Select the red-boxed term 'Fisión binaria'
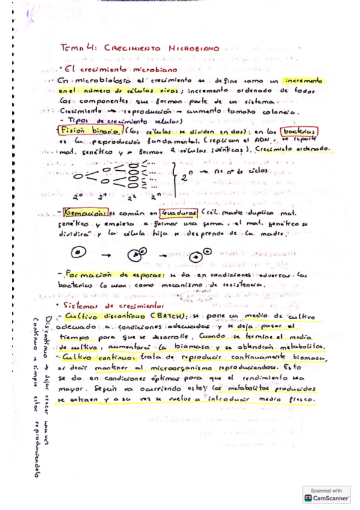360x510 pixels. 88,131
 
